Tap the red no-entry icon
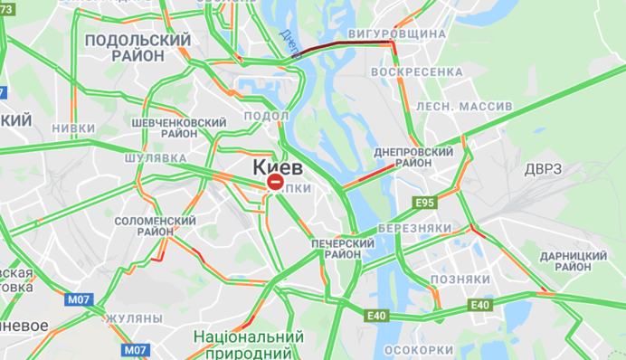click(x=274, y=183)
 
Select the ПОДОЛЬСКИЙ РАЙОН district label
click(x=138, y=48)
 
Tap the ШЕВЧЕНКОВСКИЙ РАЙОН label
click(x=178, y=128)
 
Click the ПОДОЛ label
click(x=267, y=116)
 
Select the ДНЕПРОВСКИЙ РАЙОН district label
click(x=413, y=157)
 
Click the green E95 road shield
click(x=423, y=202)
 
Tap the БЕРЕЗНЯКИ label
click(x=414, y=228)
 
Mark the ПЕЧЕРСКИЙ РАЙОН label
click(x=343, y=249)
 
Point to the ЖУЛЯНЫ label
click(x=133, y=319)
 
